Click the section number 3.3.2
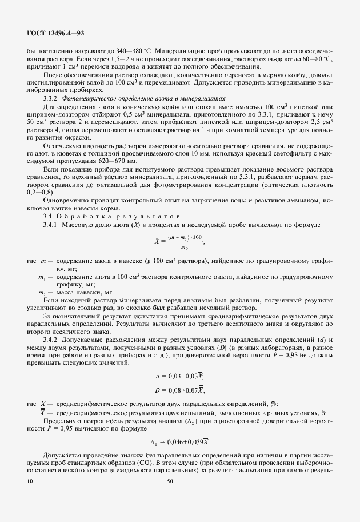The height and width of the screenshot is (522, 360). tap(53, 98)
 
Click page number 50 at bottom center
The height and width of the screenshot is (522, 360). tap(169, 481)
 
